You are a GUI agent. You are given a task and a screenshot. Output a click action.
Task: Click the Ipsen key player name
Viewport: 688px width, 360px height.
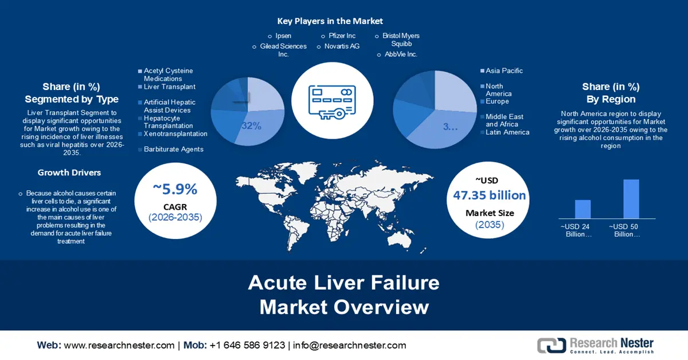(x=283, y=36)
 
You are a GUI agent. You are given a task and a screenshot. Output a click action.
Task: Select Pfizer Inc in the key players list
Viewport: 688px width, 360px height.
(x=342, y=36)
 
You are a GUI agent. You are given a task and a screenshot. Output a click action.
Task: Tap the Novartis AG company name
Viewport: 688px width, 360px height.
(x=342, y=46)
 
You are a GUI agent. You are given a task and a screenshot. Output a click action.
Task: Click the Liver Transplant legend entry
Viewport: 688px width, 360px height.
(x=170, y=87)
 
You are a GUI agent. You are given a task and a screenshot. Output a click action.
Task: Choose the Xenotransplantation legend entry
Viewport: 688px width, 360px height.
(x=175, y=134)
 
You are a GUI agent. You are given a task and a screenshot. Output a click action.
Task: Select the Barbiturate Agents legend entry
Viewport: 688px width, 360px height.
(x=173, y=150)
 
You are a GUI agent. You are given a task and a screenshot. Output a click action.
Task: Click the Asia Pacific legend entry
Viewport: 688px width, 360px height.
(x=504, y=71)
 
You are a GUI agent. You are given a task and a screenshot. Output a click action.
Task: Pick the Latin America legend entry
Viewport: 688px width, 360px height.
(x=507, y=132)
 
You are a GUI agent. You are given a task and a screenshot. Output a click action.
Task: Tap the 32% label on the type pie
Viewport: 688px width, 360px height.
(x=251, y=126)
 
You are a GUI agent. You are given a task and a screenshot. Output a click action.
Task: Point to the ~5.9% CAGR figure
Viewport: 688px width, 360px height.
(x=175, y=190)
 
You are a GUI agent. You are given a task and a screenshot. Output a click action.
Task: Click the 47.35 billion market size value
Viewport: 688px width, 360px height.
(x=489, y=195)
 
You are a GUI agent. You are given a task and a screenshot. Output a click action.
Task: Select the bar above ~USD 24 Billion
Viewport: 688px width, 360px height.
(x=583, y=209)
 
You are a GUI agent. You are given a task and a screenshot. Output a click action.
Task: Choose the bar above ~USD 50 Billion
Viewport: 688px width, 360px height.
(x=631, y=198)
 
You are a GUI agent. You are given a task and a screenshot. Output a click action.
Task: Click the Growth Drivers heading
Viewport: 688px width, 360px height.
(x=69, y=173)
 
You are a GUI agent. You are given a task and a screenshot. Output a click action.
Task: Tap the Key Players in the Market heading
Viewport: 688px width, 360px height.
(x=330, y=21)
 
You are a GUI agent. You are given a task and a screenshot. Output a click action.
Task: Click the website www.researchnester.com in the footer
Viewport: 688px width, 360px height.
(x=119, y=345)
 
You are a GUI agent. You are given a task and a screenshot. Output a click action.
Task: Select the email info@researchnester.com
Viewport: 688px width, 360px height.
(x=350, y=345)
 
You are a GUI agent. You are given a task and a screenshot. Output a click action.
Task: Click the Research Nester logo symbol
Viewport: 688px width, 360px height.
(x=551, y=345)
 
